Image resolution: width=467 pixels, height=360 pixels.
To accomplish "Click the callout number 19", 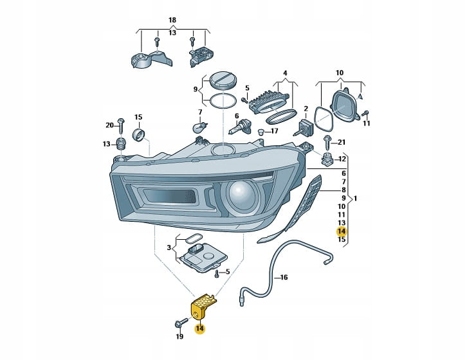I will click(x=179, y=336).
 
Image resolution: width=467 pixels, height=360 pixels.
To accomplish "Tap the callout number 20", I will click(x=109, y=125).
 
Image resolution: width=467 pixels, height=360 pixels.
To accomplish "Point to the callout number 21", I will click(x=342, y=142).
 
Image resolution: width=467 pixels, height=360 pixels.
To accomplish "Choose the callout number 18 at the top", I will click(x=172, y=21).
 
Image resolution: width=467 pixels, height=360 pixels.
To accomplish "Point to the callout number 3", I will click(x=169, y=248).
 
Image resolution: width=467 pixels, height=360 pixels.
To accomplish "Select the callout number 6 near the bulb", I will click(x=236, y=116).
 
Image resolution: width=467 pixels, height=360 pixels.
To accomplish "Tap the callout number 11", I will click(x=367, y=124).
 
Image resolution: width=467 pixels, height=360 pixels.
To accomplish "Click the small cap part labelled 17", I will click(x=261, y=132).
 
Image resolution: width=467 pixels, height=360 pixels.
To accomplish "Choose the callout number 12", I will click(x=342, y=159).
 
